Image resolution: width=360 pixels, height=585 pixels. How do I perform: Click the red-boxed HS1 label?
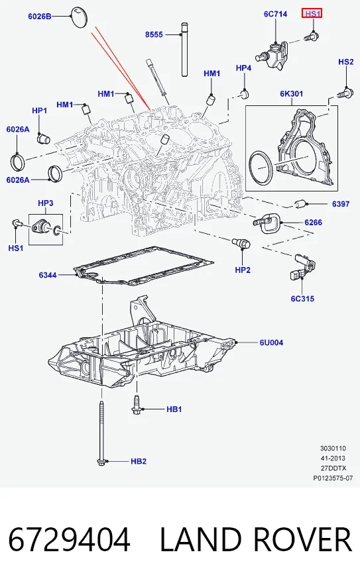(x=312, y=14)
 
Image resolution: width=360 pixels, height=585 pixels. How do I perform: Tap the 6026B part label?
(x=40, y=16)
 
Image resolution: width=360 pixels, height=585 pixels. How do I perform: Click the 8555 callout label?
(x=154, y=34)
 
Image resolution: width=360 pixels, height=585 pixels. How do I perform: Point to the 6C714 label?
(x=275, y=14)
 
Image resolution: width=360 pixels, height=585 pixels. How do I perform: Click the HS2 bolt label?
(x=345, y=62)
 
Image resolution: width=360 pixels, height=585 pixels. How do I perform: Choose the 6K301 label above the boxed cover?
(x=291, y=93)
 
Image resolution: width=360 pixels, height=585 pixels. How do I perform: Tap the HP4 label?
(x=243, y=68)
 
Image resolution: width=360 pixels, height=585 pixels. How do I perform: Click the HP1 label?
(x=39, y=111)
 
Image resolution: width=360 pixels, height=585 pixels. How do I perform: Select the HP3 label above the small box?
(x=46, y=203)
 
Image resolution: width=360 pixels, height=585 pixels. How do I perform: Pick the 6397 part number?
(x=341, y=203)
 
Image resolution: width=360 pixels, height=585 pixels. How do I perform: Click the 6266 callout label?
(x=313, y=223)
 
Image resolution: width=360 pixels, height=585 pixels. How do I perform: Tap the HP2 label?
(x=243, y=270)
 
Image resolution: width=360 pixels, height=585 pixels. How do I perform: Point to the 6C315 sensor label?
(x=302, y=299)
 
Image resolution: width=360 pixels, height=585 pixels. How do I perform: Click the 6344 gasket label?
(x=48, y=275)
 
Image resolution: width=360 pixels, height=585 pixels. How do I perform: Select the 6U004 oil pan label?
(x=271, y=342)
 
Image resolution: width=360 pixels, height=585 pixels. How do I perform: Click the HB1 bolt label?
(x=174, y=409)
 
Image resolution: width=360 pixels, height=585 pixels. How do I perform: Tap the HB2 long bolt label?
(x=138, y=461)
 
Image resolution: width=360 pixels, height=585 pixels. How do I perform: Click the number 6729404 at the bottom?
(x=69, y=539)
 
